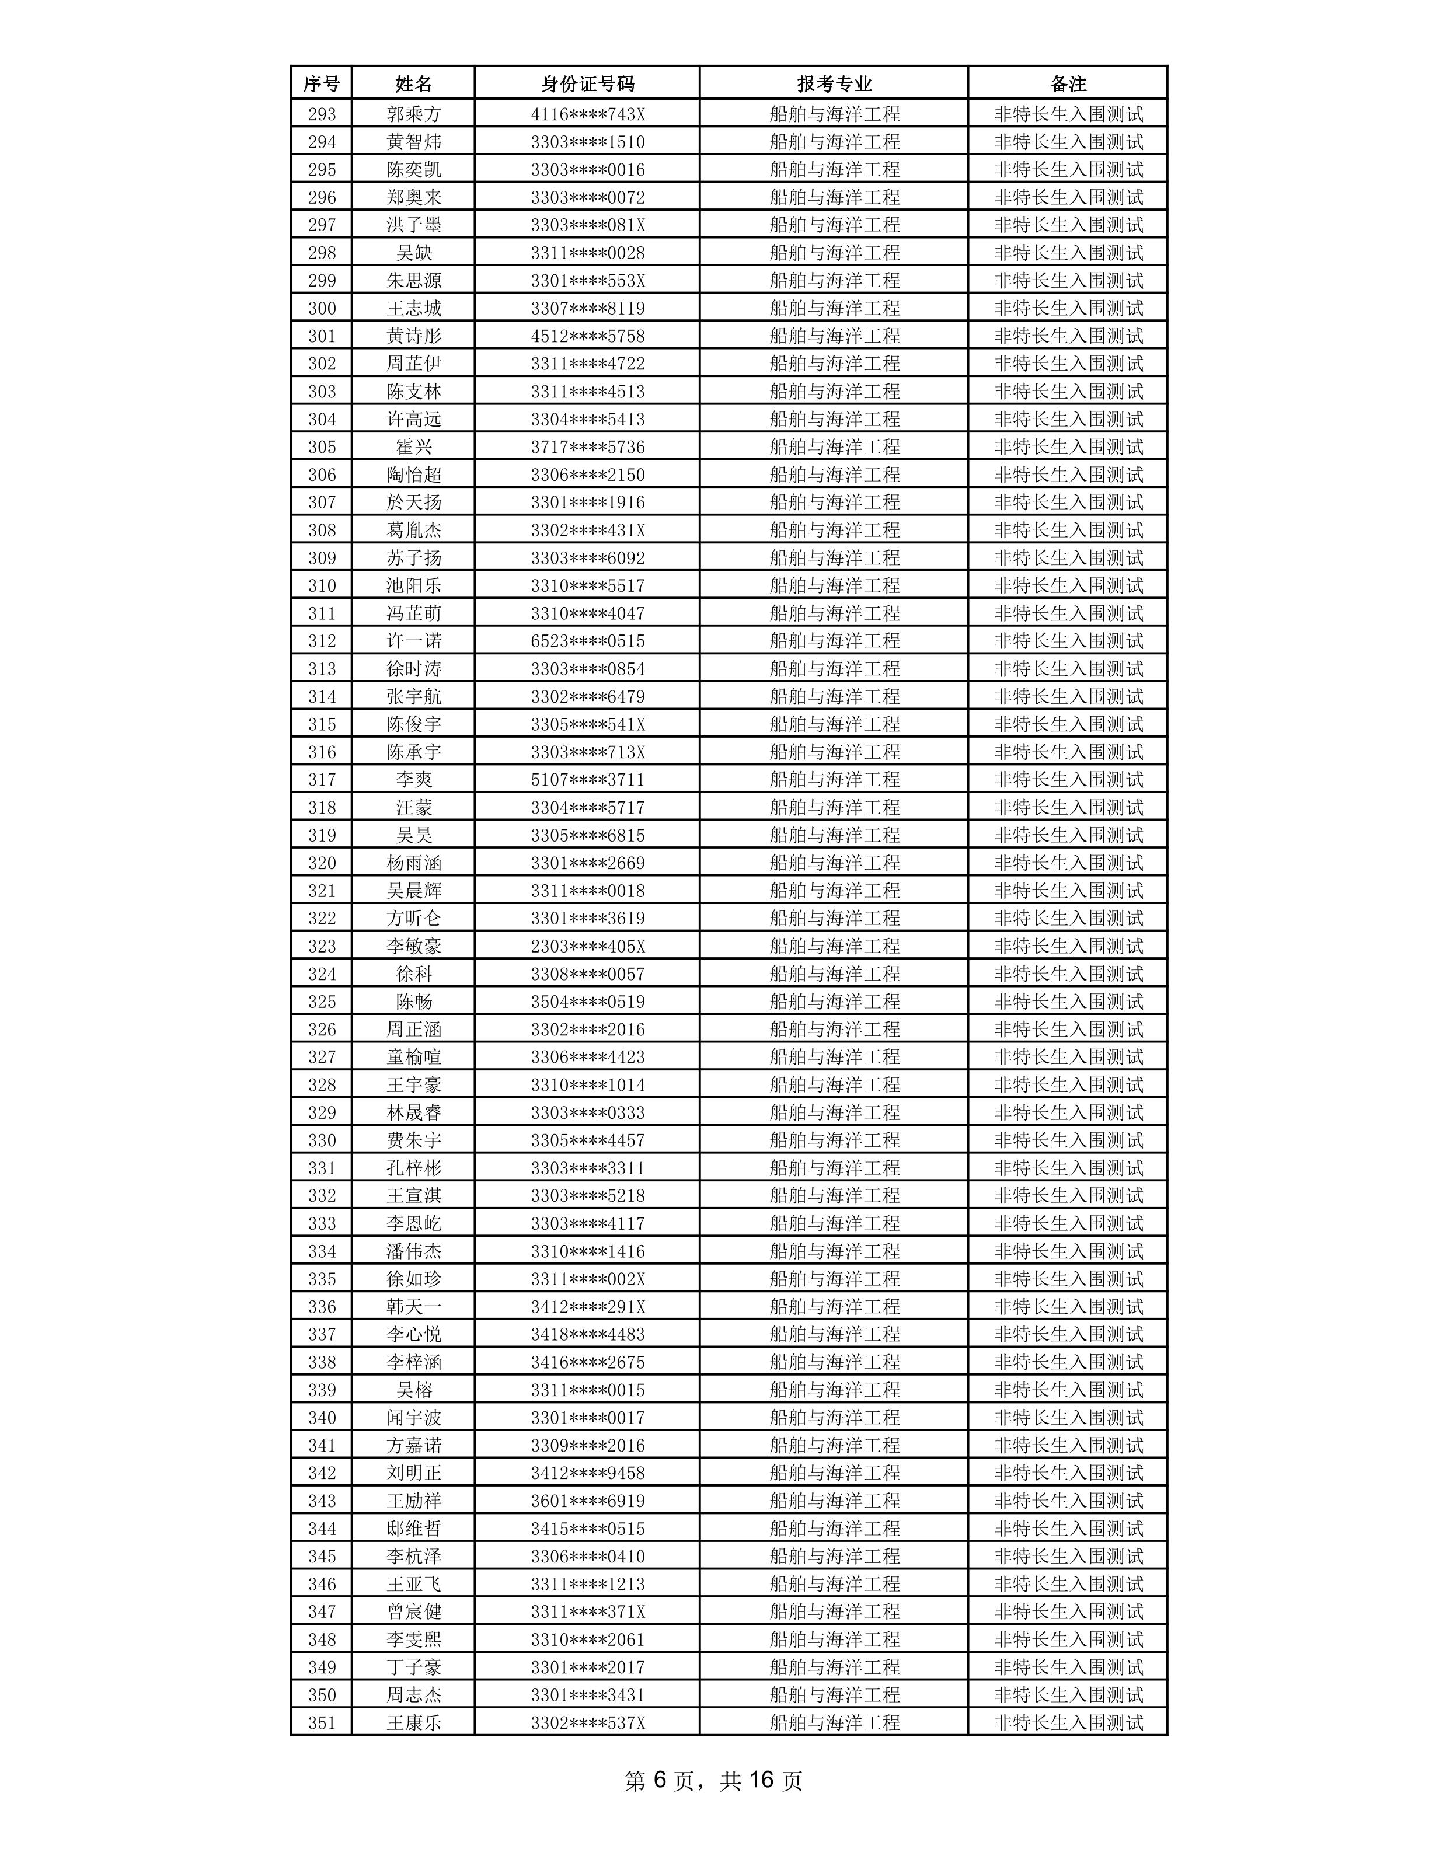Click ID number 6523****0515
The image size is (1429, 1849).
[587, 641]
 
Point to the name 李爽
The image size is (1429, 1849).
[414, 780]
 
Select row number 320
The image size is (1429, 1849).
[322, 863]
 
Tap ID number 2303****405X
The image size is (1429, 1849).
[587, 946]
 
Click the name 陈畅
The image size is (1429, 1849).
[414, 1002]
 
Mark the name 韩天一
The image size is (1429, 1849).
[414, 1306]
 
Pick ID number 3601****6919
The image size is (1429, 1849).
[587, 1500]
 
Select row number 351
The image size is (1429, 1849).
[322, 1722]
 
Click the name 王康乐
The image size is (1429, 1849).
[414, 1722]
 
